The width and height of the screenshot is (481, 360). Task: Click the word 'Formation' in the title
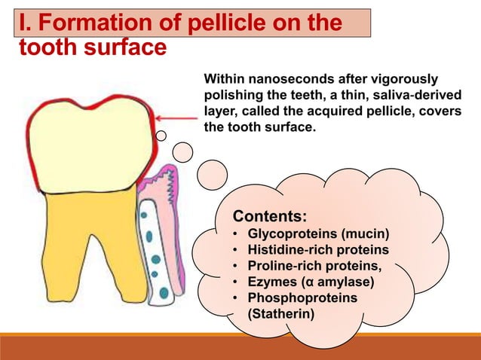click(x=88, y=23)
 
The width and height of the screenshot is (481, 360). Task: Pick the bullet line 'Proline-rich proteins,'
click(x=314, y=266)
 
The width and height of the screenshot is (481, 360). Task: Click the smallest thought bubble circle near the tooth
click(x=161, y=136)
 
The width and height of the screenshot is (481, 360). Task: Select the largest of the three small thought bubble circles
click(x=212, y=174)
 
